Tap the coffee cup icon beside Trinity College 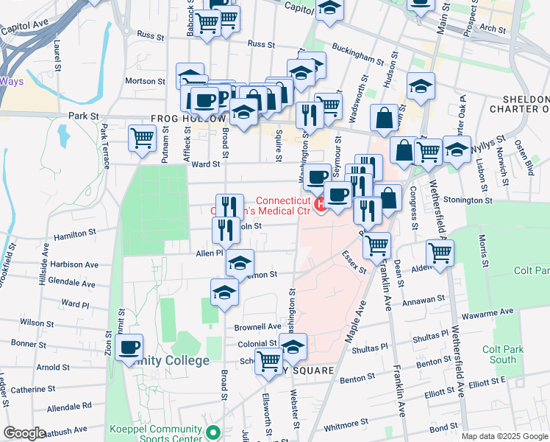[129, 347]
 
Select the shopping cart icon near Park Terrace [142, 137]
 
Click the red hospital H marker [320, 204]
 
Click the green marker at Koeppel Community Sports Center [213, 432]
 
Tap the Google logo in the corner [24, 433]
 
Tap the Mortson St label [144, 81]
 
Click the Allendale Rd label [67, 405]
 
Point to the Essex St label [354, 262]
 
